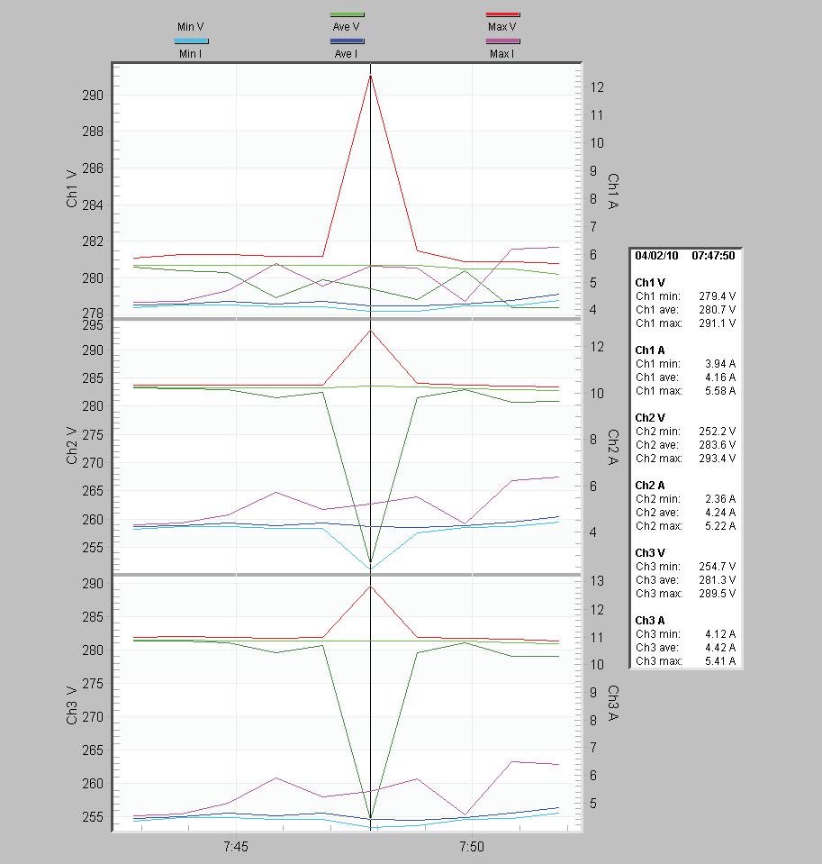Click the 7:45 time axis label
[235, 847]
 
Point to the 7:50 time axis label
[471, 847]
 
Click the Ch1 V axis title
[72, 188]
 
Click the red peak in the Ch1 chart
[370, 77]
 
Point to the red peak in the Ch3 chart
[370, 587]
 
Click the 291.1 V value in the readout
[717, 323]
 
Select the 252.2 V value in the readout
[717, 431]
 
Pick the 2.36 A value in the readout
[719, 498]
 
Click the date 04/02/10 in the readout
[656, 255]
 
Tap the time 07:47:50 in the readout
[713, 255]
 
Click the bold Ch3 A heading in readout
[650, 620]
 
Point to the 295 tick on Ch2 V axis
[93, 325]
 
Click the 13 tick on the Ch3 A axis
[596, 581]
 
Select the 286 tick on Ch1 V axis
[93, 168]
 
